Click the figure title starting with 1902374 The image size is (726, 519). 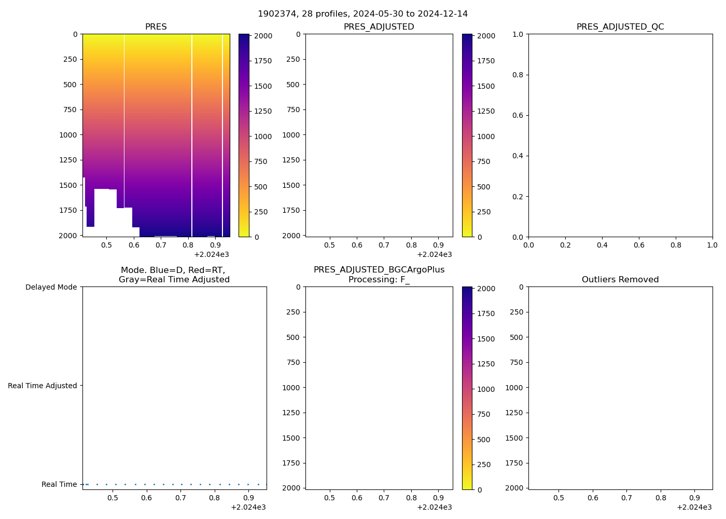click(x=362, y=14)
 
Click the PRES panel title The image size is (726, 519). click(x=156, y=27)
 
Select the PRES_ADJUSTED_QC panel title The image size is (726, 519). click(x=620, y=27)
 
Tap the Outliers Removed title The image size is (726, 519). click(x=620, y=280)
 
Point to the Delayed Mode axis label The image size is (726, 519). click(x=51, y=288)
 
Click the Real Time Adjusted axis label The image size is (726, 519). click(x=42, y=386)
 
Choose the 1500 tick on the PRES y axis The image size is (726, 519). click(x=68, y=185)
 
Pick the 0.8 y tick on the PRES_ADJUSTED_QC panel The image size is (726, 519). click(x=519, y=75)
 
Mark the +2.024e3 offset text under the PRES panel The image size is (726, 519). click(x=212, y=254)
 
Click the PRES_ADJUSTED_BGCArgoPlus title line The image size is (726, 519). click(x=379, y=270)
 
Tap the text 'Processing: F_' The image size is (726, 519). click(x=379, y=280)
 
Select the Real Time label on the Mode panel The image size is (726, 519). click(x=59, y=485)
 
